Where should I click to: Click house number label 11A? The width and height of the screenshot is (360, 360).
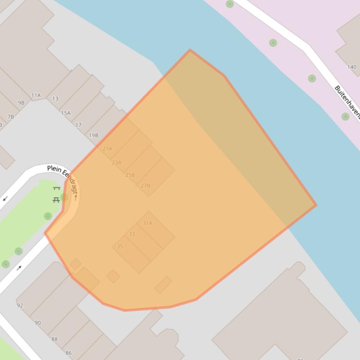tap(36, 95)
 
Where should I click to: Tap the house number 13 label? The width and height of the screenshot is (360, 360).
tap(55, 99)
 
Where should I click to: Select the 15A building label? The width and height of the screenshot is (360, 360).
tap(66, 113)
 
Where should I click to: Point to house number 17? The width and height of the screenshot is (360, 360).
tap(78, 125)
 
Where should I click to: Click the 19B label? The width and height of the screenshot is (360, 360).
tap(94, 136)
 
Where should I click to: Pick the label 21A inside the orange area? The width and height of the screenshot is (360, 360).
tap(107, 149)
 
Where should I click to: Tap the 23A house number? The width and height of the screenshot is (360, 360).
tap(117, 163)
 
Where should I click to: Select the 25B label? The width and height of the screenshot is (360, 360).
tap(130, 175)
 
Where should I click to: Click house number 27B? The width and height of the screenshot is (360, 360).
tap(146, 186)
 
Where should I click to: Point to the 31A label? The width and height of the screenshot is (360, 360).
tap(147, 223)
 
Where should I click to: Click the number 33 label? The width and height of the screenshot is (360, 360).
tap(132, 234)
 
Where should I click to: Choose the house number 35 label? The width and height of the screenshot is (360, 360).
tap(120, 246)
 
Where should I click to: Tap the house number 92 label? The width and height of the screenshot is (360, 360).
tap(20, 306)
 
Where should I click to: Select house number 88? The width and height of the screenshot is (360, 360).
tap(54, 339)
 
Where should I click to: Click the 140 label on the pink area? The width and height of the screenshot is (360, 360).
tap(352, 67)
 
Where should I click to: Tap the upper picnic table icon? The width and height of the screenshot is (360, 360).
tap(57, 188)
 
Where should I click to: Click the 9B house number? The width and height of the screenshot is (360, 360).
tap(21, 103)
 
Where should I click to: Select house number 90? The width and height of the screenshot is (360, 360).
tap(37, 323)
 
